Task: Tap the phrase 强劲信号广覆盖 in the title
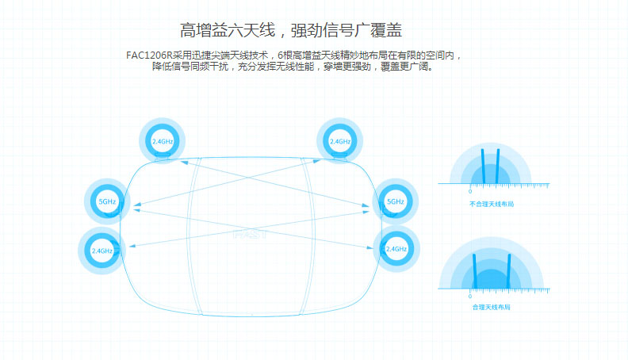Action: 347,32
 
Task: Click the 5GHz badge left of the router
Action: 106,201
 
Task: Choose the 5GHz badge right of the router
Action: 396,201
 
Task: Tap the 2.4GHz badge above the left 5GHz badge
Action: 162,141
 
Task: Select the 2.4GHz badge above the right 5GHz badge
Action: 339,141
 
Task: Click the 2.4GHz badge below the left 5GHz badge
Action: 101,251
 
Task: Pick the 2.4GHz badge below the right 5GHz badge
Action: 396,249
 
